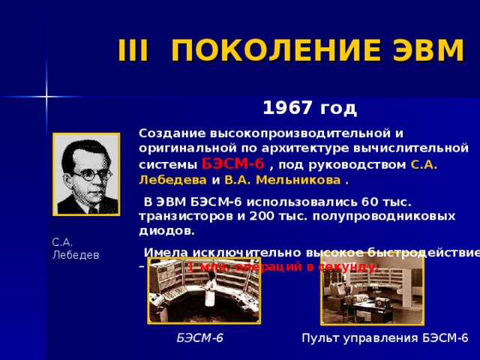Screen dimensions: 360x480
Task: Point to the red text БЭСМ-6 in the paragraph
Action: pos(232,164)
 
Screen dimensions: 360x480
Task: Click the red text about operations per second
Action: pos(283,267)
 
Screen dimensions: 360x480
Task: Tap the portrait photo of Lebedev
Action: pos(86,175)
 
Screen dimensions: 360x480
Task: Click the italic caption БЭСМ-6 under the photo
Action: pos(199,338)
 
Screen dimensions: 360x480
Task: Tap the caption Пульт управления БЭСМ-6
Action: pos(385,338)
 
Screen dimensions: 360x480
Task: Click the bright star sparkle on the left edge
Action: pos(46,97)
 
